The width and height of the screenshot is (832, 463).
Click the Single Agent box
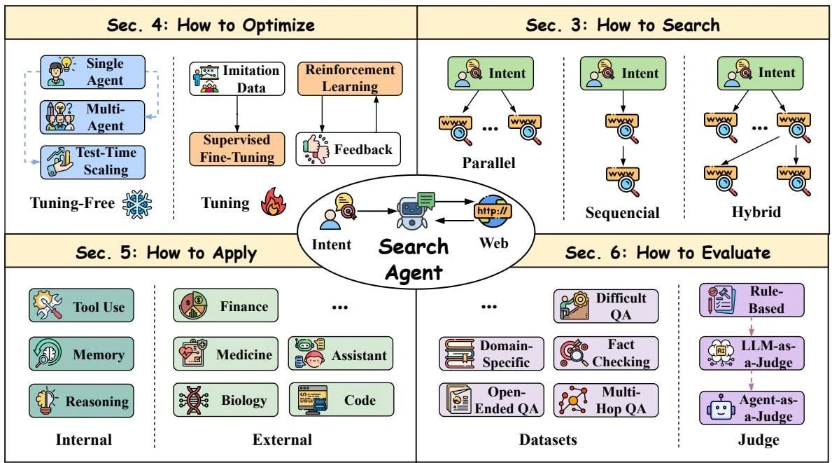(x=93, y=72)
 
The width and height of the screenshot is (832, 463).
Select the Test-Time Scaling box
(x=93, y=162)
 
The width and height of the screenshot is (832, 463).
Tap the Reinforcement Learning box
(x=350, y=78)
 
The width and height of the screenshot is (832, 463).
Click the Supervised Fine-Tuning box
(x=237, y=148)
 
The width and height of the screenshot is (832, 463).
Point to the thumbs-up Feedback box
(x=348, y=149)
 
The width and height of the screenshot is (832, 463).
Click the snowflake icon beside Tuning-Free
(x=137, y=205)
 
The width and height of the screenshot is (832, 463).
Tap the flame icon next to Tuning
(x=274, y=202)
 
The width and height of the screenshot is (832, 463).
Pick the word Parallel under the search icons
(x=488, y=163)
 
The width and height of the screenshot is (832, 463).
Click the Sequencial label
(x=622, y=213)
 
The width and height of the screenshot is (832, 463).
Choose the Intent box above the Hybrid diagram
(x=761, y=74)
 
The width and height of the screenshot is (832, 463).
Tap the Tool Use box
(x=81, y=305)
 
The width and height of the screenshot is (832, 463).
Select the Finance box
(x=225, y=305)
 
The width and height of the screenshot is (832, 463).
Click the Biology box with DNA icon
(x=225, y=399)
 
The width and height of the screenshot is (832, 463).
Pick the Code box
(x=341, y=399)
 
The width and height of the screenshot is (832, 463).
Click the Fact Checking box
(x=606, y=353)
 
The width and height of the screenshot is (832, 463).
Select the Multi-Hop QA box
(x=606, y=400)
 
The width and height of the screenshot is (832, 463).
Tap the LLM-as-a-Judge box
(x=752, y=353)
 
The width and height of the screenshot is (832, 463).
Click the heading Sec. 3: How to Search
(x=623, y=25)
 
